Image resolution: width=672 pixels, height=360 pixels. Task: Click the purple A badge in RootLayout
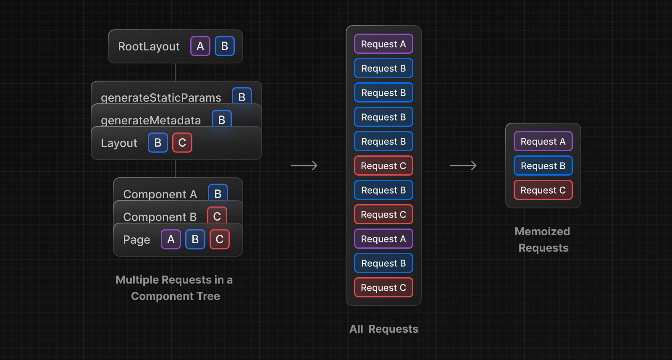pos(200,46)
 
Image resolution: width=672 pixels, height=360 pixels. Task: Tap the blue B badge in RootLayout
pos(225,46)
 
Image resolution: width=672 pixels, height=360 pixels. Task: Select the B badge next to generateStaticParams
pos(242,97)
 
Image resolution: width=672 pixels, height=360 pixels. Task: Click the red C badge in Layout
pos(182,143)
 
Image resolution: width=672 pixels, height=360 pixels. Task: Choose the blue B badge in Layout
pos(158,143)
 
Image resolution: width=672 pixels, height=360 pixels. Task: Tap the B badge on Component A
pos(218,193)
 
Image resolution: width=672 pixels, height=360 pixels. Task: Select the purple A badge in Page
pos(171,239)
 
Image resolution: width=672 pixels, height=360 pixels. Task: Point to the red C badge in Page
pos(220,239)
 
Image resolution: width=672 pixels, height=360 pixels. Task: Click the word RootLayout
pos(149,47)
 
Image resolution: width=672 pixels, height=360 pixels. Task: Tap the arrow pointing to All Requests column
pos(304,166)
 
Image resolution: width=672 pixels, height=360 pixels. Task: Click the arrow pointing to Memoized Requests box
pos(463,166)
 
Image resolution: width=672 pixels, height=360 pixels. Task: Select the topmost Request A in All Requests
pos(383,44)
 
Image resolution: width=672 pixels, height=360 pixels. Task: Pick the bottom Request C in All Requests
pos(383,288)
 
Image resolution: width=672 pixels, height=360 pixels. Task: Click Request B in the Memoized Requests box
pos(543,166)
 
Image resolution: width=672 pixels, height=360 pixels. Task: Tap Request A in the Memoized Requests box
pos(543,142)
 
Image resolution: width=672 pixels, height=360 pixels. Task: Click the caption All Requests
pos(384,329)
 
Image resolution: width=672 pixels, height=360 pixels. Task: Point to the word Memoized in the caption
pos(542,231)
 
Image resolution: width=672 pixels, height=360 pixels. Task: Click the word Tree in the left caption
pos(208,296)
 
